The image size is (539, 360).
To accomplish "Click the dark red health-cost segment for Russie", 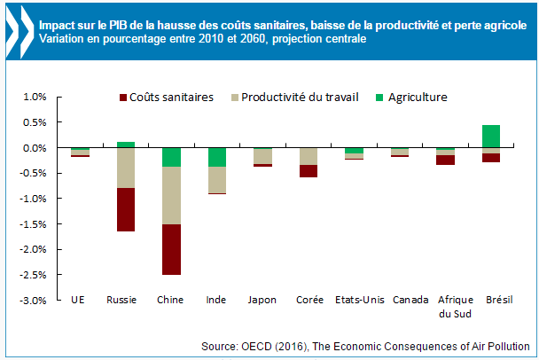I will tap(126, 209).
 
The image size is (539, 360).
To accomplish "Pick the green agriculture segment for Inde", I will tap(217, 157).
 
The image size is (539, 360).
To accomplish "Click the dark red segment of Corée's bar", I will tap(309, 171).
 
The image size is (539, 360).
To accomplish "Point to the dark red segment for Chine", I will tap(172, 249).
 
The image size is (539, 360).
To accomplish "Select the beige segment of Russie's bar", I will tap(126, 168).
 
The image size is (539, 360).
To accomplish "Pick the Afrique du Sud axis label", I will tap(445, 307).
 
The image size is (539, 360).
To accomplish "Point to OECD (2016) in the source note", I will tap(340, 346).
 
